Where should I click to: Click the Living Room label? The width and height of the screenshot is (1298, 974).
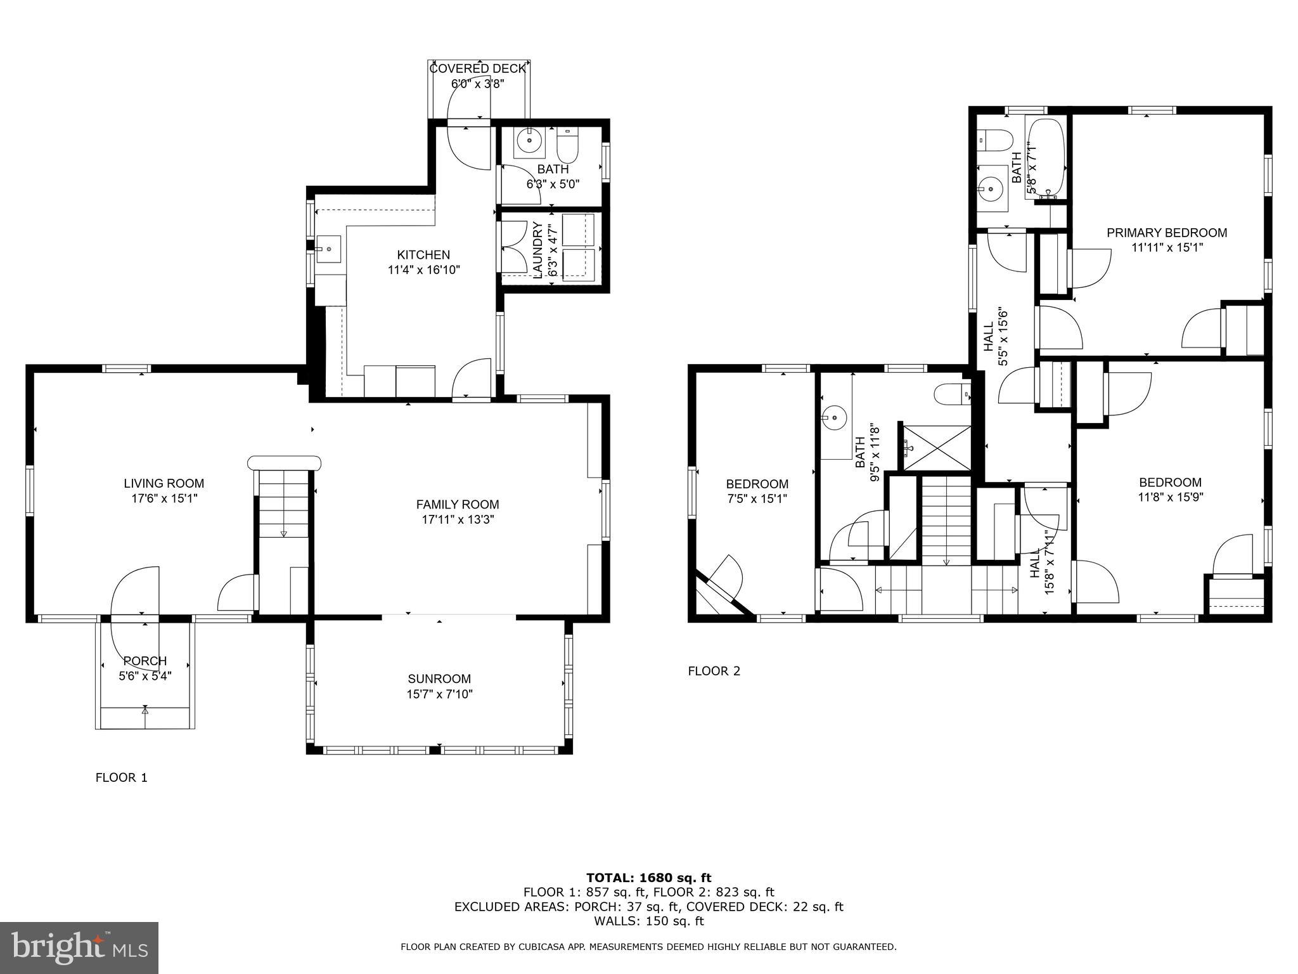coord(164,484)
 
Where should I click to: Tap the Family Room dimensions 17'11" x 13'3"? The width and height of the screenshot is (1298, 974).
coord(457,520)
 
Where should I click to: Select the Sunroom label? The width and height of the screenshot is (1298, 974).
coord(439,679)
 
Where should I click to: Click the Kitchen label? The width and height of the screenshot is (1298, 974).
coord(423,255)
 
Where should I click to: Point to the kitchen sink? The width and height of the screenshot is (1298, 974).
coord(328,249)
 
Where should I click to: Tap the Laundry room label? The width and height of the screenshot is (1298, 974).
coord(537,250)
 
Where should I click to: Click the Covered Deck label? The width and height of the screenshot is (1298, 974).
coord(478,68)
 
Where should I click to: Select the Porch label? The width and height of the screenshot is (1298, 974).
coord(145,661)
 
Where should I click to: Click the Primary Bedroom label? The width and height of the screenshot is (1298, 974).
coord(1166,233)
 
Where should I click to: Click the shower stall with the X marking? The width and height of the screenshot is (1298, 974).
coord(937,448)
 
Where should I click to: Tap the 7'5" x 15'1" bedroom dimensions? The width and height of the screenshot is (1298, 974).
coord(757,499)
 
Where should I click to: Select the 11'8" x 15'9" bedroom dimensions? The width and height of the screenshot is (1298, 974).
coord(1170,497)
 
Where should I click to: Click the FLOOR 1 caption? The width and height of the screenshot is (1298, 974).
coord(121,777)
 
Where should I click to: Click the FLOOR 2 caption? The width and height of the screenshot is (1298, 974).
coord(714,671)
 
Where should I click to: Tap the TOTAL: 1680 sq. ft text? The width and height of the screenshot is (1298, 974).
coord(648,878)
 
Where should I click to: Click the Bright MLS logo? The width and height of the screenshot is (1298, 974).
coord(79,948)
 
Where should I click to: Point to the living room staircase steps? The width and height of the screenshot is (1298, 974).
coord(283,504)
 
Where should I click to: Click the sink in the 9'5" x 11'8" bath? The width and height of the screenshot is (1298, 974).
coord(835,417)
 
